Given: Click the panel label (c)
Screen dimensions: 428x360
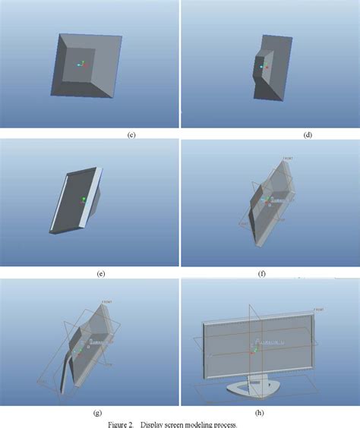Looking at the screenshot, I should point(131,135).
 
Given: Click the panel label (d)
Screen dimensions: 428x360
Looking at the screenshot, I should point(308,135).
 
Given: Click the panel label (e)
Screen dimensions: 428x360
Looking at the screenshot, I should point(100,274).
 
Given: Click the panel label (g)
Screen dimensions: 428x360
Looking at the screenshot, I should point(98,413).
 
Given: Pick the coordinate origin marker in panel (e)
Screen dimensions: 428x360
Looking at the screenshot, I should point(84,200).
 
